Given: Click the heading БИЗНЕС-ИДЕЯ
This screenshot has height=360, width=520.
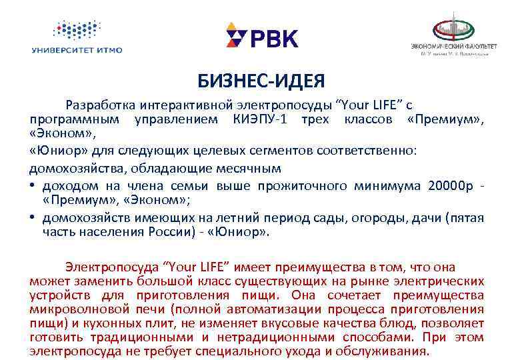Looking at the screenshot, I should [261, 81].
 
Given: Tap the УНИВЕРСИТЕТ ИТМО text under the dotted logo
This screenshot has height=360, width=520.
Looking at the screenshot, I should [77, 49].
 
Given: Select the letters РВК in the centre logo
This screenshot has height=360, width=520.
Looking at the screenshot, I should [273, 38].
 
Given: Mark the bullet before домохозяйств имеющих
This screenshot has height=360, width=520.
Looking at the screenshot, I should [33, 217].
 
